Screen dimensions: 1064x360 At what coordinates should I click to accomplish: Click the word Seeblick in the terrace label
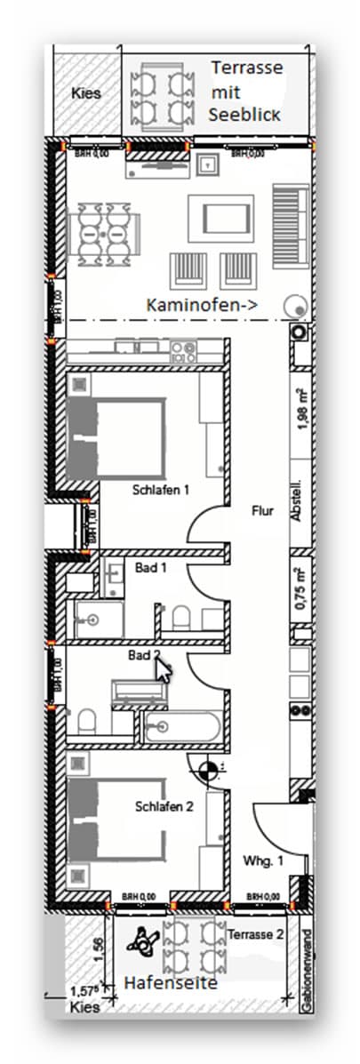coord(244,115)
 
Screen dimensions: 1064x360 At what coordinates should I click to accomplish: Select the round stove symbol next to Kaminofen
coord(292,306)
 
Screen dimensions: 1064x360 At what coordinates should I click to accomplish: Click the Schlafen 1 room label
coord(161,489)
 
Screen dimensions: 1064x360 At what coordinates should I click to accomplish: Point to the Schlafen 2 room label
coord(164,806)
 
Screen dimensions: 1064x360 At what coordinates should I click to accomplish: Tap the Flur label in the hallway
coord(262,512)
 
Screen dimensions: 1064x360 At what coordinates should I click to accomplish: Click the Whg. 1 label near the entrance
coord(263,861)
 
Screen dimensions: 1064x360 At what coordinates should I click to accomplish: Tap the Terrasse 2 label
coord(256,934)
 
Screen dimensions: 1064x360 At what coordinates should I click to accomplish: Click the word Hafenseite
coord(170,983)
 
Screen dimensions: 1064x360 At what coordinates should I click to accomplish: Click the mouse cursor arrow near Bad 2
coord(163,668)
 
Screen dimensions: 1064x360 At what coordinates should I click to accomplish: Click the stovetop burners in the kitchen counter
coord(184,350)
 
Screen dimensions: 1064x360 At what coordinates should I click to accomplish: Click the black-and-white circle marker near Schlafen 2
coord(207,772)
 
